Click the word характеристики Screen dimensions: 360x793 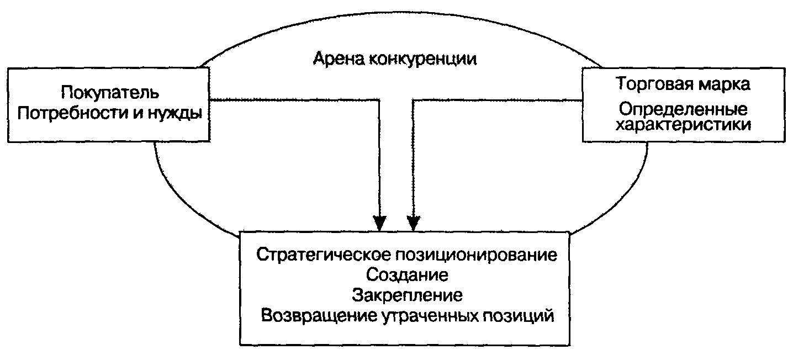coord(683,125)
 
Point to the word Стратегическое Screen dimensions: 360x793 coord(323,256)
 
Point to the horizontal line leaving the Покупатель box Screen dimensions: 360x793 coord(293,100)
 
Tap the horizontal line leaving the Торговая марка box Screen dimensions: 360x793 coord(497,100)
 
